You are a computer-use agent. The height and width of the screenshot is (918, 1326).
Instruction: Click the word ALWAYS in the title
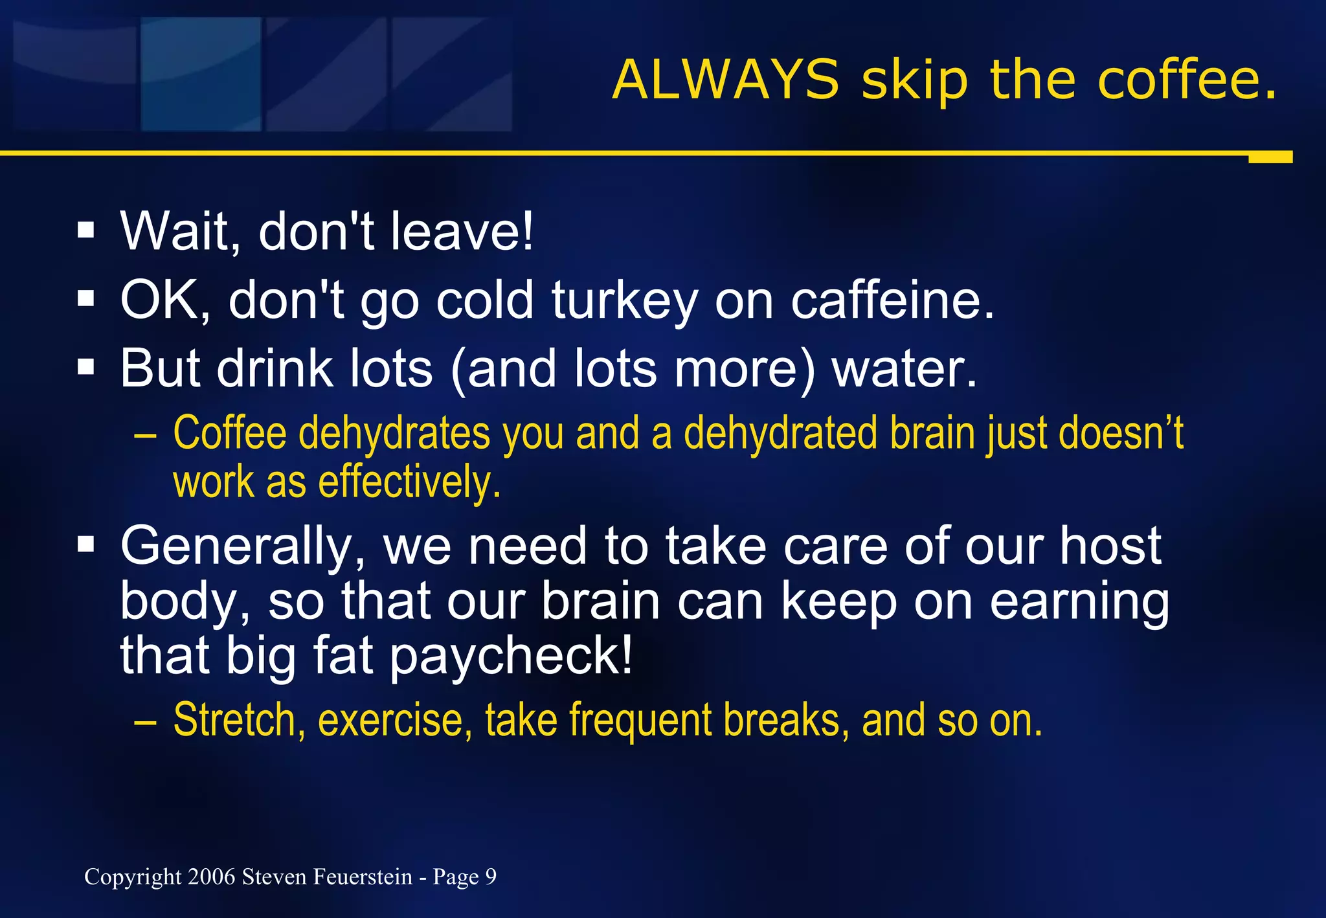tap(725, 80)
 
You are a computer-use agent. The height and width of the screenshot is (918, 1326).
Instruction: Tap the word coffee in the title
tap(1186, 80)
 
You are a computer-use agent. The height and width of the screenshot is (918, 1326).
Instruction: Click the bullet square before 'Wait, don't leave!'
tap(85, 230)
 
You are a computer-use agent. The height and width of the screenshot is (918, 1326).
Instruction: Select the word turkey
tap(625, 301)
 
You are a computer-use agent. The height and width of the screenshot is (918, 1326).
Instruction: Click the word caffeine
tap(892, 301)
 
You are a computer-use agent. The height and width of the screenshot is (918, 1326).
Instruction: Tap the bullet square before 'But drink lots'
tap(85, 368)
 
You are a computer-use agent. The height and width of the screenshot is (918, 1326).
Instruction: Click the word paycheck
tap(510, 656)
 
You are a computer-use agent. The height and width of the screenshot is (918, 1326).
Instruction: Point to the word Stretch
tap(239, 720)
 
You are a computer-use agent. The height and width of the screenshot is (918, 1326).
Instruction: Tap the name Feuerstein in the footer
tap(363, 877)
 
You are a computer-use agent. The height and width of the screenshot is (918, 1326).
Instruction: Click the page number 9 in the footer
tap(491, 877)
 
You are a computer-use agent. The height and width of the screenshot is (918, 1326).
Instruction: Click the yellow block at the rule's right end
tap(1270, 157)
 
